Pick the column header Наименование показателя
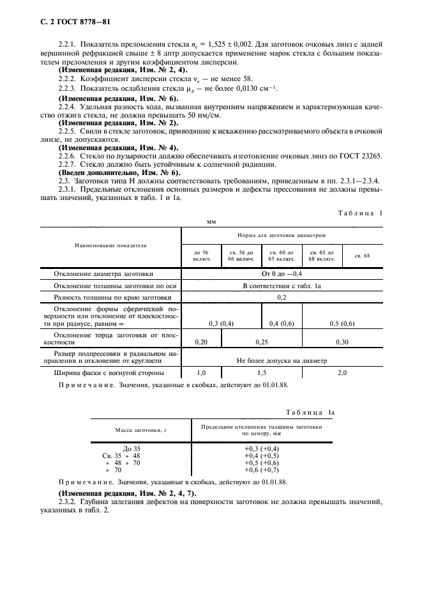pos(111,245)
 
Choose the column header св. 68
pos(362,256)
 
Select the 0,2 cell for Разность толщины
pos(282,297)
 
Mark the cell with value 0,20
pos(200,342)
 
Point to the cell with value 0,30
pos(342,342)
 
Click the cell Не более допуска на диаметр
pos(282,360)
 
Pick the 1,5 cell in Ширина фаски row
pos(262,372)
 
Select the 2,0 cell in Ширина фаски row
pos(342,372)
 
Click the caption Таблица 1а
pos(310,413)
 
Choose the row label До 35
pos(132,448)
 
